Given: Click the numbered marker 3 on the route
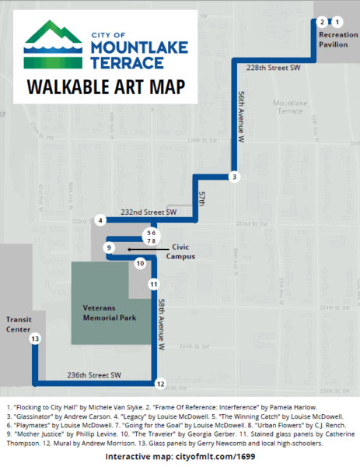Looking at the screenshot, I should pyautogui.click(x=233, y=177).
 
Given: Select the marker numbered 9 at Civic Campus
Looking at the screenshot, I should pyautogui.click(x=110, y=248).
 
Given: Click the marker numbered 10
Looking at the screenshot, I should pyautogui.click(x=140, y=264).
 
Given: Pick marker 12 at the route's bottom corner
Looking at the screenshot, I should pyautogui.click(x=159, y=383).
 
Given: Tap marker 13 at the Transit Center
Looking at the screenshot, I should pyautogui.click(x=34, y=339).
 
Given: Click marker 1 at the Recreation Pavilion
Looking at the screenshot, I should pyautogui.click(x=337, y=22).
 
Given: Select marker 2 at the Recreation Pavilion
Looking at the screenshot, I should pyautogui.click(x=321, y=22).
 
